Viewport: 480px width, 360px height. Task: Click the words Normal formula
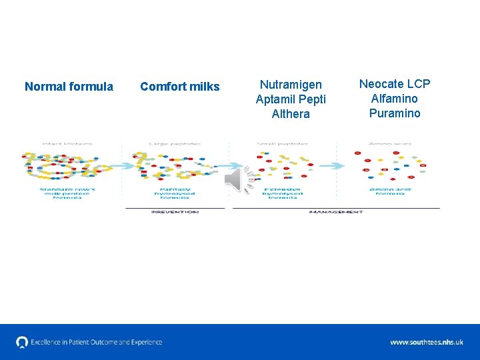point(69,87)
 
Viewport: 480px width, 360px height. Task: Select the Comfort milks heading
point(179,87)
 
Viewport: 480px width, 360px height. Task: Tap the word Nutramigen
point(291,85)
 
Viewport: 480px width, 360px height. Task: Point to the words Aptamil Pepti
point(291,99)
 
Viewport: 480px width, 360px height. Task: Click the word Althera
point(291,114)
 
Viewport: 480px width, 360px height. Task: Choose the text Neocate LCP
point(395,84)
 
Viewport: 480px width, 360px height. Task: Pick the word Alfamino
point(395,99)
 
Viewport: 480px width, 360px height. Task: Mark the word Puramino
point(395,113)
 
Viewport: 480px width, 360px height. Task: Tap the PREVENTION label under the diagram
point(175,212)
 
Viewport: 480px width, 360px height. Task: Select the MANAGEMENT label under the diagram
point(336,212)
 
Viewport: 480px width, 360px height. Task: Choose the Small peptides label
point(282,143)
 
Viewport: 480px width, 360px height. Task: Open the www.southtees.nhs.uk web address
point(427,342)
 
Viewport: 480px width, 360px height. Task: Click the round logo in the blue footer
point(22,342)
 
